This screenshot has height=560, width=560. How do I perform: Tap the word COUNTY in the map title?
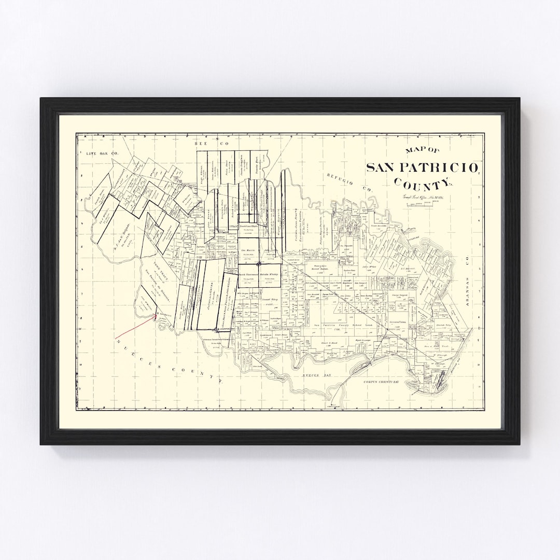coord(423,184)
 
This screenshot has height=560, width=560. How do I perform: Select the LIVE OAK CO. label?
coord(103,153)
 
